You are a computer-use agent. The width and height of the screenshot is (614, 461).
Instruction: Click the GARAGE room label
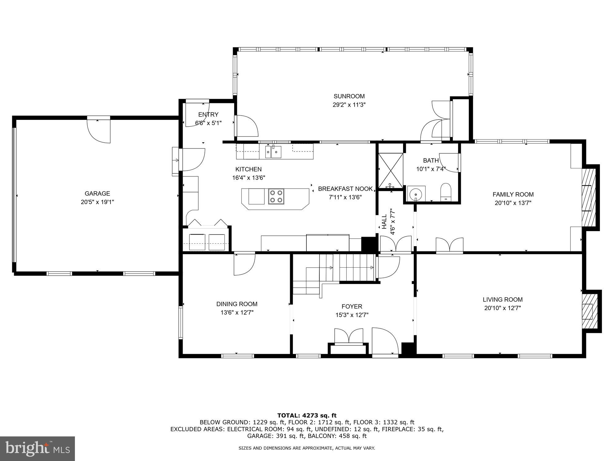pos(97,194)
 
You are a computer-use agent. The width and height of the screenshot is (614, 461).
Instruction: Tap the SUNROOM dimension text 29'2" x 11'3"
pos(349,105)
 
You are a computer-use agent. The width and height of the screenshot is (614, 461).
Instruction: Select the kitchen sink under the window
pos(273,152)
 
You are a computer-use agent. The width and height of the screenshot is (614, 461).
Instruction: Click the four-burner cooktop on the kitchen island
pos(276,196)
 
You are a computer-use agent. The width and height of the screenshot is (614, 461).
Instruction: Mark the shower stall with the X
pos(390,171)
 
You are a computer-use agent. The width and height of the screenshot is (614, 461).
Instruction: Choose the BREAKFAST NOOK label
pos(345,189)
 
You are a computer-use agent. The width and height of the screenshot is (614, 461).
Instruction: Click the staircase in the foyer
pos(347,267)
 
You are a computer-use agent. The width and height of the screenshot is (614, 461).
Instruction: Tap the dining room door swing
pos(244,264)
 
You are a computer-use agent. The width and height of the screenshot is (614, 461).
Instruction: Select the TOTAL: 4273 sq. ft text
pos(307,416)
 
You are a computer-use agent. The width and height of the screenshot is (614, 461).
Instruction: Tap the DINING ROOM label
pos(237,304)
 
